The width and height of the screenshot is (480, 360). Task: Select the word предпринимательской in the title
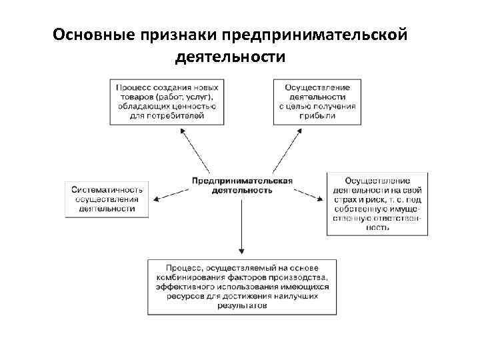point(315,35)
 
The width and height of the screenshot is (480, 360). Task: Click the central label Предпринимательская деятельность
point(242,185)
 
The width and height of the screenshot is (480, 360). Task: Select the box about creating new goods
point(167,101)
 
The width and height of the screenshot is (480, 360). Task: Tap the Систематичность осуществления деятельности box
point(107,199)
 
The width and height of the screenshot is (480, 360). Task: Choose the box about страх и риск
point(377,203)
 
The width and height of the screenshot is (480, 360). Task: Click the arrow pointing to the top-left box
point(197,151)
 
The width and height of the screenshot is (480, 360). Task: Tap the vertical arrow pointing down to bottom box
point(242,227)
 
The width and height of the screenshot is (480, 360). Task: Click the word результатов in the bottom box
point(243,305)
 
